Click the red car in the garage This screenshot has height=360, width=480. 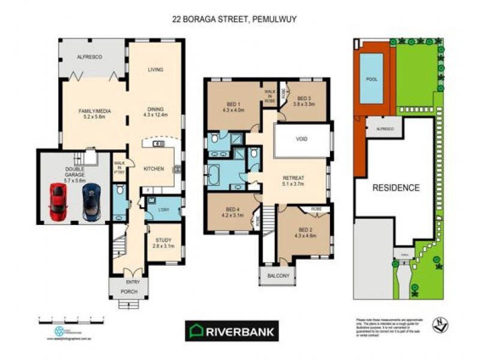pyautogui.click(x=58, y=201)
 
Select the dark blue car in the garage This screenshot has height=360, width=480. pyautogui.click(x=92, y=202)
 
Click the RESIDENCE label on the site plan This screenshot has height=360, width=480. pyautogui.click(x=396, y=188)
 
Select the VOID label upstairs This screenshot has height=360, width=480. pyautogui.click(x=302, y=139)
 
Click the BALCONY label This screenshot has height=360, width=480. pyautogui.click(x=278, y=276)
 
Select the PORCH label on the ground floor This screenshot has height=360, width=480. pyautogui.click(x=128, y=292)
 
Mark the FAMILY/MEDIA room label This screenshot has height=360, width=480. pyautogui.click(x=92, y=114)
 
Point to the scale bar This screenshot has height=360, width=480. pyautogui.click(x=73, y=316)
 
